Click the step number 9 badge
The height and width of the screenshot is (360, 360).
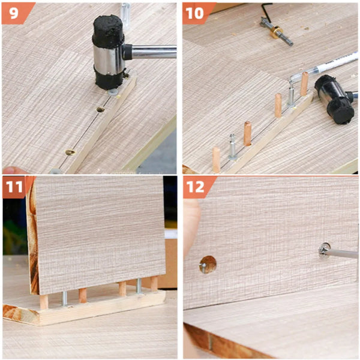[x=12, y=11]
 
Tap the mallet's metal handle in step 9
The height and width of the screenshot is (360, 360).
[x=153, y=52]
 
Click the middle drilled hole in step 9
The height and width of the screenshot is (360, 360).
[x=100, y=110]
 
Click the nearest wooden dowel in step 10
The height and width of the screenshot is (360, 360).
[x=216, y=160]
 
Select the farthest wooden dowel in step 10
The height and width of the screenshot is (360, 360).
[x=304, y=83]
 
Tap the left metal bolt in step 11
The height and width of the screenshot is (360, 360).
[x=64, y=298]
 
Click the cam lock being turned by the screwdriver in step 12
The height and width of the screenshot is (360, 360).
[x=325, y=248]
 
